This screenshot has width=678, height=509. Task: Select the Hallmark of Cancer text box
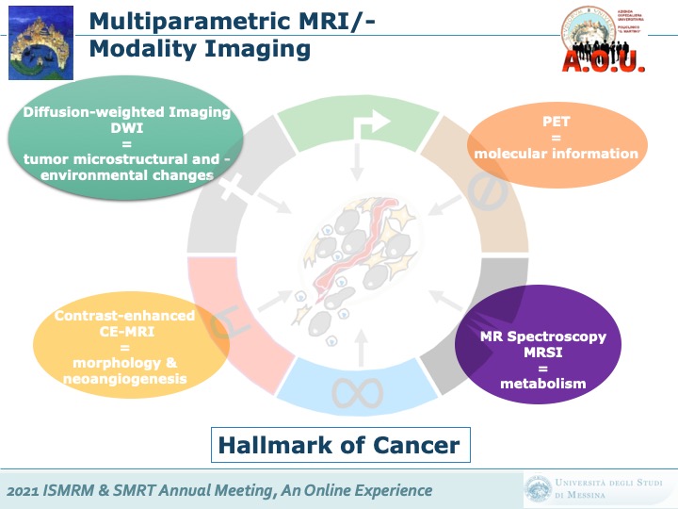[339, 445]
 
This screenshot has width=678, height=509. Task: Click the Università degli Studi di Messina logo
[596, 489]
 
